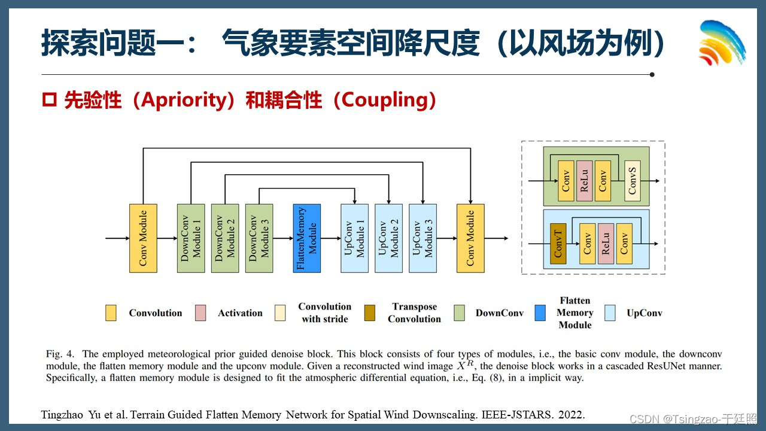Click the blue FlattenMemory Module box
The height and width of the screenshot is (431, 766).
click(306, 238)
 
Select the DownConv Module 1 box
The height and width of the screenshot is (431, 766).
click(191, 238)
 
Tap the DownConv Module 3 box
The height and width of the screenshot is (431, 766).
click(259, 238)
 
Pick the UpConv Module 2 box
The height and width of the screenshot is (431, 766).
click(388, 238)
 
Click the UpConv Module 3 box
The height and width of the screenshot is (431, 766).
click(422, 238)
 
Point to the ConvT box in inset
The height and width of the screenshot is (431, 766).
click(558, 244)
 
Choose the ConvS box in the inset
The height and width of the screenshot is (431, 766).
click(633, 180)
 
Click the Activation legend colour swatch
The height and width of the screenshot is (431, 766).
click(200, 313)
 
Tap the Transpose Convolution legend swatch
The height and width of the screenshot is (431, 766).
click(369, 313)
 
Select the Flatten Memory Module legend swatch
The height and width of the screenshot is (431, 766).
click(540, 313)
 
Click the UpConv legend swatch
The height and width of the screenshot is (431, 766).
click(610, 313)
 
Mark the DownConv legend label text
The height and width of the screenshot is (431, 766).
click(499, 313)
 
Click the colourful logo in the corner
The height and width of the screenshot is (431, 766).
click(722, 43)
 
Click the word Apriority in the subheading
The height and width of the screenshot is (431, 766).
click(183, 100)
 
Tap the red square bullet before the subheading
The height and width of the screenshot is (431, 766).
click(50, 101)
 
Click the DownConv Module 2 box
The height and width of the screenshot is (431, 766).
click(225, 238)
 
